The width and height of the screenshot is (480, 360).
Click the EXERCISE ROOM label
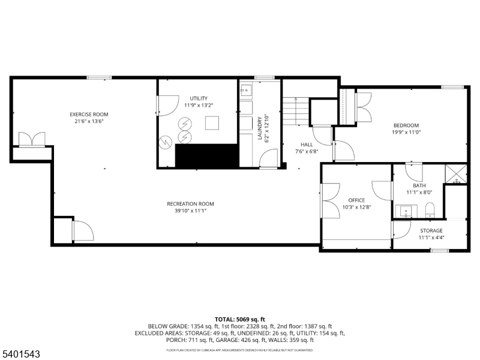tap(89, 114)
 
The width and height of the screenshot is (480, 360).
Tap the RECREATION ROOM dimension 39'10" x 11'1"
tap(190, 211)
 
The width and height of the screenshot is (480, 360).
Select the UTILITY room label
tap(199, 98)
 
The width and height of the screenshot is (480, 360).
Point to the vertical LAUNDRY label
tap(260, 128)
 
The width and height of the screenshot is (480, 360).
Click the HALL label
tap(307, 144)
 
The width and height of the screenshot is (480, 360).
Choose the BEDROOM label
tap(406, 125)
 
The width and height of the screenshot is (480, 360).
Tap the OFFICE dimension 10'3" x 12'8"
tap(356, 208)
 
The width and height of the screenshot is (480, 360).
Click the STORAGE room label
tap(431, 230)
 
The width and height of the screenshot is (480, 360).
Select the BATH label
tap(418, 185)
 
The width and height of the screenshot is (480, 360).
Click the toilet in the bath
tap(429, 211)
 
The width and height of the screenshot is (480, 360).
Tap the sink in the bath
tap(406, 211)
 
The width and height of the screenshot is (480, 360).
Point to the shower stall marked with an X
tap(455, 174)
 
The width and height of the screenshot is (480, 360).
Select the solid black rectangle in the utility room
tap(206, 156)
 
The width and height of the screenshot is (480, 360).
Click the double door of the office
tap(329, 200)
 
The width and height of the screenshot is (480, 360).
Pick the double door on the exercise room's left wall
tap(32, 139)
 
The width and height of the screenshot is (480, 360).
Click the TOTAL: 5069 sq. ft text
tap(239, 319)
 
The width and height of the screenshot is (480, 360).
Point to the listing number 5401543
tap(20, 355)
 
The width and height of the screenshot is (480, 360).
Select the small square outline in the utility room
tap(212, 123)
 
